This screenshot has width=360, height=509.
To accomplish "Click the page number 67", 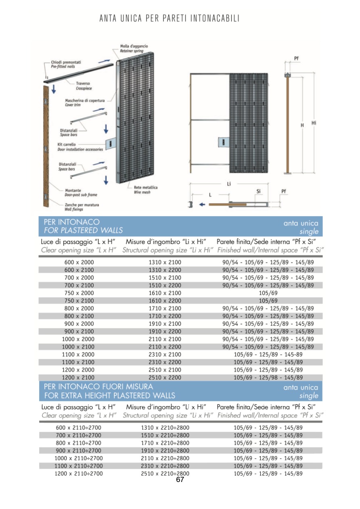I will (x=180, y=480).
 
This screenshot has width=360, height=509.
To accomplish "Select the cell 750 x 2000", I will (x=79, y=293).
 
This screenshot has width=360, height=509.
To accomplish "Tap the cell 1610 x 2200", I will (x=165, y=300).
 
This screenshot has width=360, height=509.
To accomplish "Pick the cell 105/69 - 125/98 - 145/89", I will (x=268, y=378).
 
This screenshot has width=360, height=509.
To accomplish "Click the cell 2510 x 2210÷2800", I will (x=165, y=474).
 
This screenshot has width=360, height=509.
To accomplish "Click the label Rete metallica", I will (x=146, y=188).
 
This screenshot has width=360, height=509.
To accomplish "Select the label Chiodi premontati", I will (x=66, y=62).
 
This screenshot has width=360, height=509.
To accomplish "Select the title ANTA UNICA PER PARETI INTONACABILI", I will (x=170, y=19).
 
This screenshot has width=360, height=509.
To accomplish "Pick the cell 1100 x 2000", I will (x=79, y=355).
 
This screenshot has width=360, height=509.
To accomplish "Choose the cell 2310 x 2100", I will (x=165, y=355).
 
